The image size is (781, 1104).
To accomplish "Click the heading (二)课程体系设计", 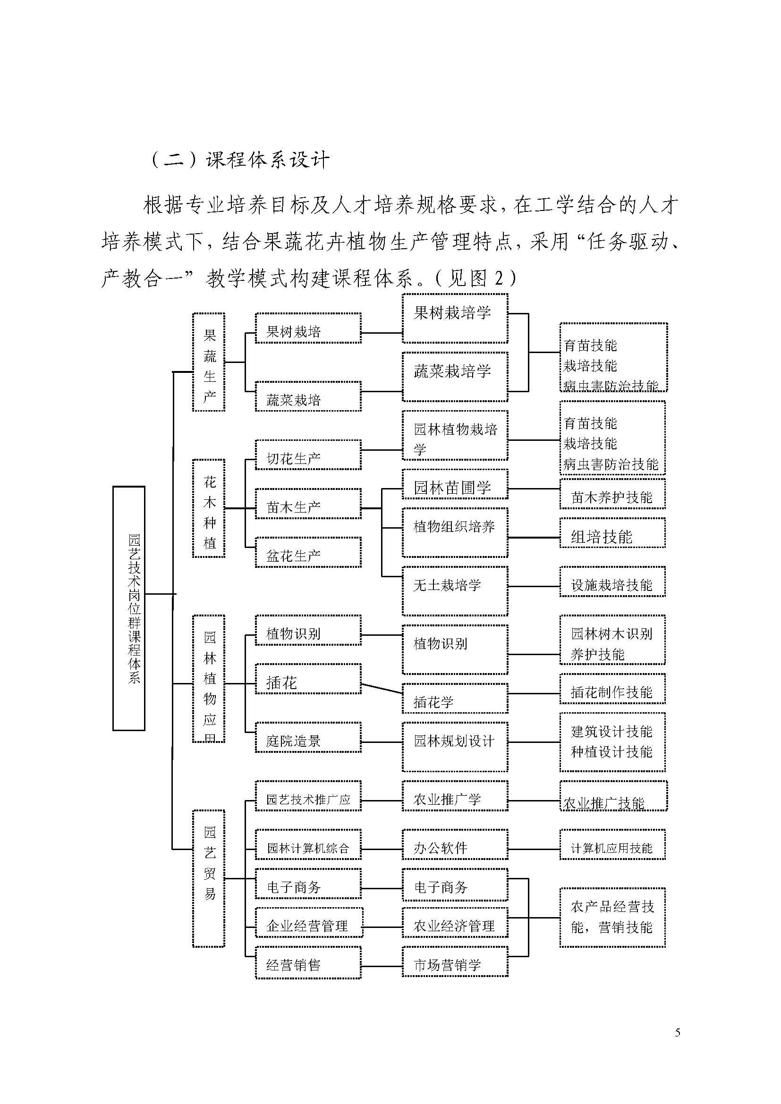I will (x=240, y=160).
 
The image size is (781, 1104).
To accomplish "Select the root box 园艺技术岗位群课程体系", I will (x=129, y=608).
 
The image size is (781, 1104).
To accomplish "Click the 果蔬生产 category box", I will (x=209, y=362).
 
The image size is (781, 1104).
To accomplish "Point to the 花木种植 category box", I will (x=209, y=508).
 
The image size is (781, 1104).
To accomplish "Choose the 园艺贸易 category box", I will (x=209, y=878).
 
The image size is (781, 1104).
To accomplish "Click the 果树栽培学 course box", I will (x=455, y=318).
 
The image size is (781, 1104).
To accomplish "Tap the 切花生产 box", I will (x=308, y=455).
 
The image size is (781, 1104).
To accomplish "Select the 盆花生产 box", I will (x=308, y=553).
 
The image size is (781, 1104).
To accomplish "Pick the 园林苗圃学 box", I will (x=455, y=485).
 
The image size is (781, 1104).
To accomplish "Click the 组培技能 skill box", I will (x=612, y=533).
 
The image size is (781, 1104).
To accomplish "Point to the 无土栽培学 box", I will (x=455, y=591).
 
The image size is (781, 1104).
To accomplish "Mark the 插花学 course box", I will (x=455, y=698).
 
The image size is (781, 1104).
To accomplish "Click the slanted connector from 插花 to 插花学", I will (x=382, y=688).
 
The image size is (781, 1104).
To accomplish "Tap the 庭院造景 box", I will (x=308, y=737).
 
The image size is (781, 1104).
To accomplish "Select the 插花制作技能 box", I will (x=612, y=689).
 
